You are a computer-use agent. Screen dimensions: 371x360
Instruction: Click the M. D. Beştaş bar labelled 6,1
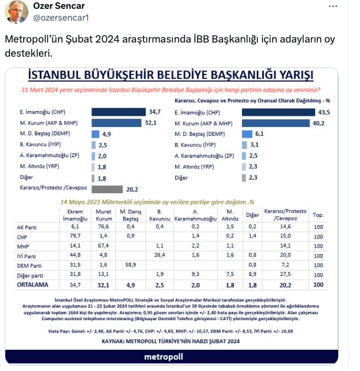pyautogui.click(x=247, y=134)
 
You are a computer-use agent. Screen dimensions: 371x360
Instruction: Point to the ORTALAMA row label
pyautogui.click(x=32, y=284)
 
